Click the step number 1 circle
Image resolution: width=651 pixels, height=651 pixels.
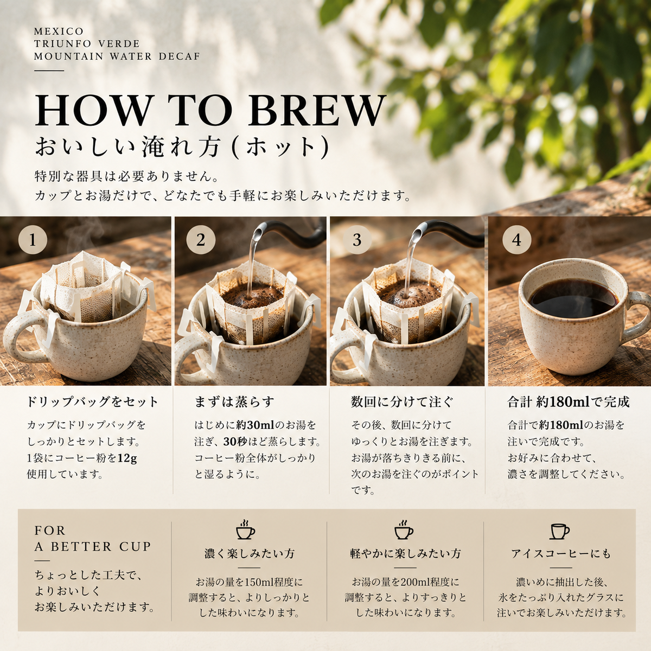[33, 240]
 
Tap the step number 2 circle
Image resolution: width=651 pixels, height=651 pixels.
[201, 240]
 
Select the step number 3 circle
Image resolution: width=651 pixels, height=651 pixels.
[357, 240]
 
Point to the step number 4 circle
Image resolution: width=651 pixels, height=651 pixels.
[516, 240]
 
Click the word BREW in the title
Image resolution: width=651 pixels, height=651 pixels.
[317, 111]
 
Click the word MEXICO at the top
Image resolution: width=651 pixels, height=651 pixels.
[59, 31]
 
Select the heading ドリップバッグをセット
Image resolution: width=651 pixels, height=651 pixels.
[93, 402]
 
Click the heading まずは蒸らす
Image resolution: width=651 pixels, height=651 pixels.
[234, 402]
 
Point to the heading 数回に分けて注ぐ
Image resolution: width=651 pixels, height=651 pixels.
[401, 402]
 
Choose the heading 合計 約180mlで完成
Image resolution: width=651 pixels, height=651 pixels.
[568, 402]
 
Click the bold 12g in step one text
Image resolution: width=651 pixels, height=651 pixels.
[127, 458]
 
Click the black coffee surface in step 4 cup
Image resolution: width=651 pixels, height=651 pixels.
[573, 298]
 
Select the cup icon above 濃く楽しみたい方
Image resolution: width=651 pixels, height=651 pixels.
[245, 529]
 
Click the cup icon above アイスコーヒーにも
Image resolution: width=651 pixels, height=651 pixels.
[559, 532]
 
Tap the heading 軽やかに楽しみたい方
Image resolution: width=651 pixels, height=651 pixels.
[405, 554]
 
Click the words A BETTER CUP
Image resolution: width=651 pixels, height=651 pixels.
[92, 546]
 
